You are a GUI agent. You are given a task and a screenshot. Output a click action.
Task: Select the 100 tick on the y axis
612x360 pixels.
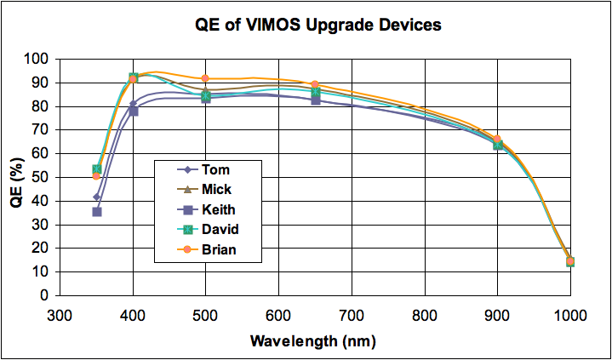tap(37, 60)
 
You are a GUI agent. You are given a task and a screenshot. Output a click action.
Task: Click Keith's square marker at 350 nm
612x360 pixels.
tap(97, 212)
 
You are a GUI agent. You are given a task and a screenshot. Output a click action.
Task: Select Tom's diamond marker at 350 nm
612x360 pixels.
tap(97, 197)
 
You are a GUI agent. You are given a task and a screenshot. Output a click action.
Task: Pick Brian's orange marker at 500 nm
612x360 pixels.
tap(205, 78)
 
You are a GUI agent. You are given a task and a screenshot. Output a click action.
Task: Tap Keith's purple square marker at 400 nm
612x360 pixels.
tap(134, 111)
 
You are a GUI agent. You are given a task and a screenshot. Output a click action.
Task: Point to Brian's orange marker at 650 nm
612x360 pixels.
tap(315, 84)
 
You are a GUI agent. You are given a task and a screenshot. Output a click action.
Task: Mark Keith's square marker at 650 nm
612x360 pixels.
tap(315, 100)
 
